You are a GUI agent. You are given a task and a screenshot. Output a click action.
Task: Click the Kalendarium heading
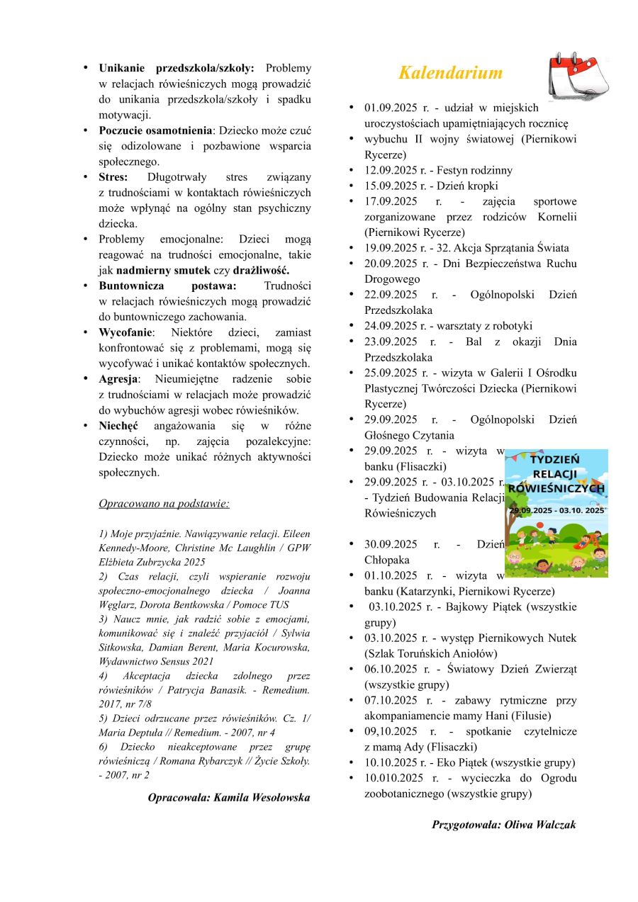click(x=450, y=73)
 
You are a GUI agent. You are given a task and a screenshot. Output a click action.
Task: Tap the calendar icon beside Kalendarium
click(x=578, y=76)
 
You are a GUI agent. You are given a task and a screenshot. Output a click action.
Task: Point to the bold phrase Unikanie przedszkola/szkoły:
click(x=177, y=68)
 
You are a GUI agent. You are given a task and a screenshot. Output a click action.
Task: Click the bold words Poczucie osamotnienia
click(x=155, y=130)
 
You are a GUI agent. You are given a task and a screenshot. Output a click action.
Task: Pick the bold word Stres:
click(x=113, y=177)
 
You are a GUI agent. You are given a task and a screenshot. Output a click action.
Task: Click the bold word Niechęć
click(x=118, y=426)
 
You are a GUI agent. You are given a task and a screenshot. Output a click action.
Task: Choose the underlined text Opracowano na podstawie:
click(x=164, y=504)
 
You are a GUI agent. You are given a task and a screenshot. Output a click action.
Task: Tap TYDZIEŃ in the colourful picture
click(x=555, y=459)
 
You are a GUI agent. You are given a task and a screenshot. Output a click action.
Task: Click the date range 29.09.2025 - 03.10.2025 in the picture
click(x=556, y=509)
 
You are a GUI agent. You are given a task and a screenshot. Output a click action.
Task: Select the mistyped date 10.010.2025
click(x=394, y=778)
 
